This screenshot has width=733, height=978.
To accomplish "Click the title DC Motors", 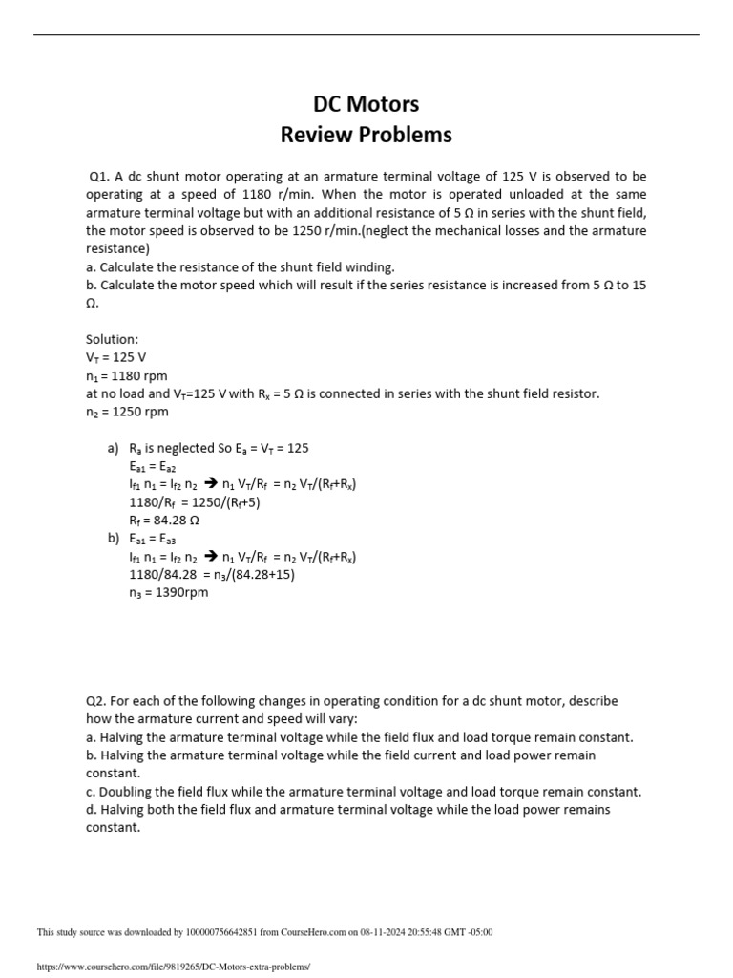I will [366, 103].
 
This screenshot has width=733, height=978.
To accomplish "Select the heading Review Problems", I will [366, 135].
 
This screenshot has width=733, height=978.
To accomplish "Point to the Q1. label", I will [99, 177].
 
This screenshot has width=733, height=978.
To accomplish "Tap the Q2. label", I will [96, 701].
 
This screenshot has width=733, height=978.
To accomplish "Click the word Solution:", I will [113, 339].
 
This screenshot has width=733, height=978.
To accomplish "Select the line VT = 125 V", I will [115, 357].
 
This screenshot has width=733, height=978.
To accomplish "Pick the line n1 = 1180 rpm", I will [126, 375].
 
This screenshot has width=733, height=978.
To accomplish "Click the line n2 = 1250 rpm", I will [126, 412].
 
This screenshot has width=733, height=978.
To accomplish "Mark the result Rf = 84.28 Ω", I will [163, 521].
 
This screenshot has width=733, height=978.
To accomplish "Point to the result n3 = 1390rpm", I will [168, 592].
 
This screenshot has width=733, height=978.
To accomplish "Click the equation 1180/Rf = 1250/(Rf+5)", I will [194, 502].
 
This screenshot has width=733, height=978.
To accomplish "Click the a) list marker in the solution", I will [113, 448].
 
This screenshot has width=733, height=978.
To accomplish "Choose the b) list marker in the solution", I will [113, 539].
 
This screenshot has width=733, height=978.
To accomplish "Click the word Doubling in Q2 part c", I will [130, 792].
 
